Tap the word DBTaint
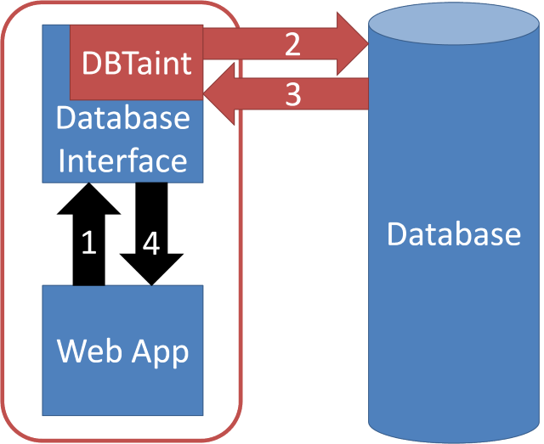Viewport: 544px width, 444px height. click(136, 63)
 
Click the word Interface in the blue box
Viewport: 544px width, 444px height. click(122, 160)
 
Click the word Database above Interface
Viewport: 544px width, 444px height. click(122, 118)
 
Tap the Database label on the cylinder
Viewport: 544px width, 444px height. click(453, 233)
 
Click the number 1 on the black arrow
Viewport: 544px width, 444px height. click(88, 244)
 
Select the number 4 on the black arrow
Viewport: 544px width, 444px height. click(151, 244)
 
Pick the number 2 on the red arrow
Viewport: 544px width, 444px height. click(292, 44)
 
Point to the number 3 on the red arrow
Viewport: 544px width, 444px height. click(292, 95)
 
